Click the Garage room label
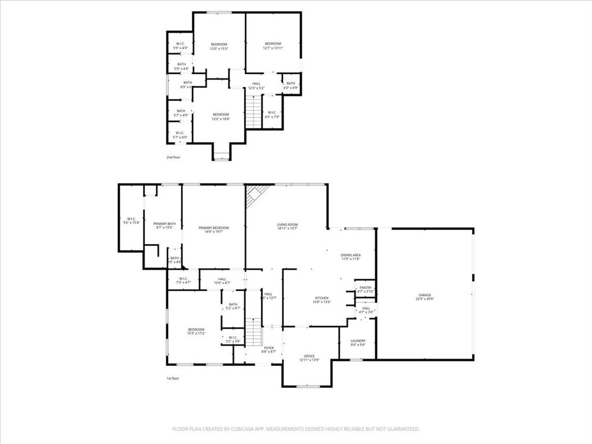425,297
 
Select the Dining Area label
350,257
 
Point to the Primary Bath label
164,225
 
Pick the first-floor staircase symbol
254,332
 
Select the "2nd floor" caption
173,157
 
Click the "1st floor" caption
173,379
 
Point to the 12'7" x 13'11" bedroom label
273,46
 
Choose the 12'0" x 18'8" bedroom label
220,116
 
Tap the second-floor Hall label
256,86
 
